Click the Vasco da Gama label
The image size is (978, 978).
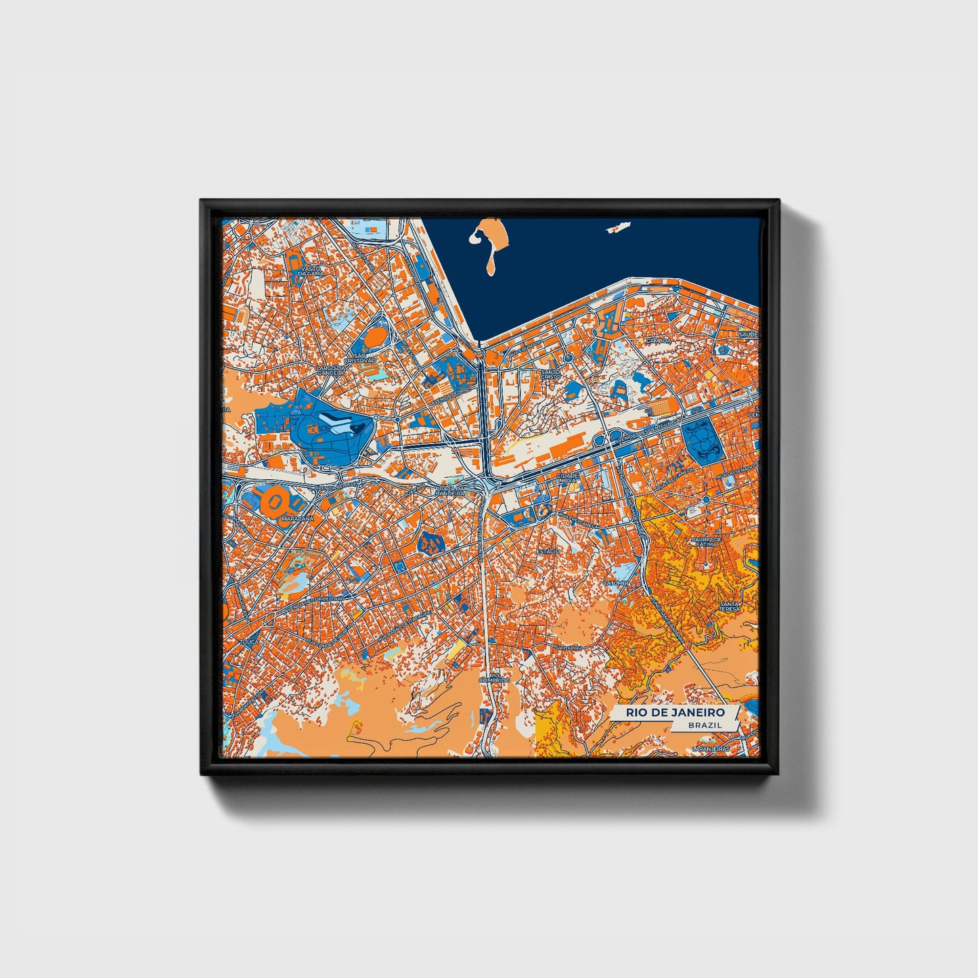click(311, 271)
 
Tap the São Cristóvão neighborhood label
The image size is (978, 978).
click(355, 358)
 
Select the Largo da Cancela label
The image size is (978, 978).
click(330, 371)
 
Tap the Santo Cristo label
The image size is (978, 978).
click(550, 374)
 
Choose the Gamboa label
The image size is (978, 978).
click(657, 341)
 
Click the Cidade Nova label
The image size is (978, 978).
click(566, 478)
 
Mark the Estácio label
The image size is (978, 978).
click(548, 551)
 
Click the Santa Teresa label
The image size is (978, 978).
click(730, 606)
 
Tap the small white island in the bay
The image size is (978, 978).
click(615, 229)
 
